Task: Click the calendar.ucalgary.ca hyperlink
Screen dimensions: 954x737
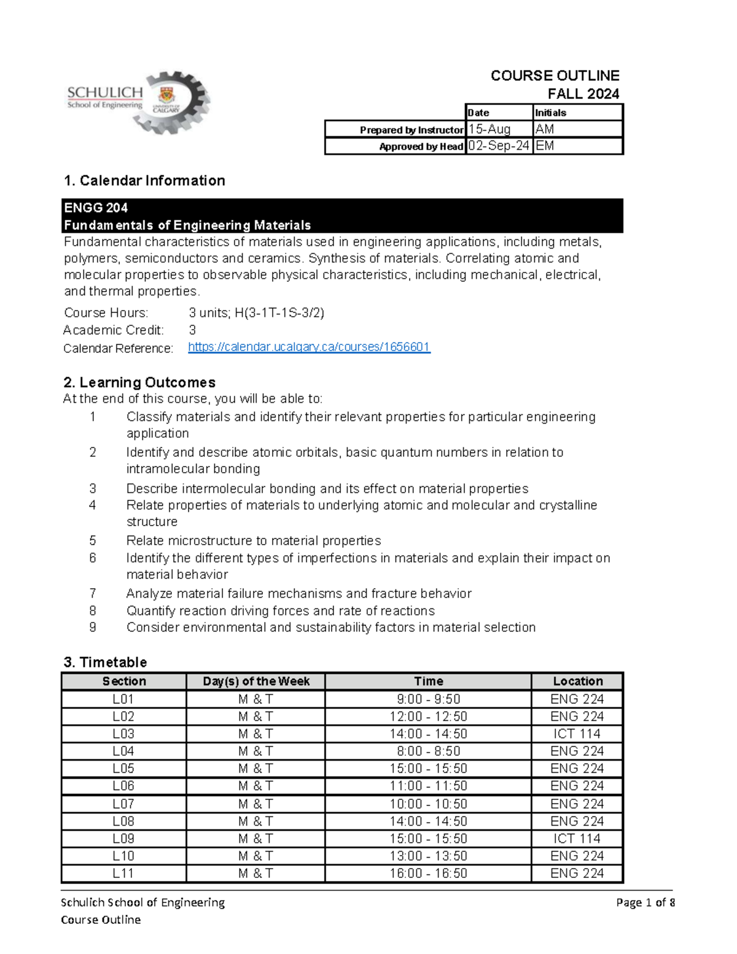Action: click(x=309, y=347)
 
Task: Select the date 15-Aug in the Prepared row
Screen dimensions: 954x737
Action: click(x=489, y=129)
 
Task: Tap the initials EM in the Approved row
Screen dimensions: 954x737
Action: click(x=545, y=145)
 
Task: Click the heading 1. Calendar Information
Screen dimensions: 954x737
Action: click(x=145, y=180)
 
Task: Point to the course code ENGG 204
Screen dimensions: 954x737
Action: click(x=96, y=207)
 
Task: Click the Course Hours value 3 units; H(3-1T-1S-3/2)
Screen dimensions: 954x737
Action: click(x=256, y=312)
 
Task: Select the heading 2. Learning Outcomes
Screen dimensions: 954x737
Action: click(x=140, y=382)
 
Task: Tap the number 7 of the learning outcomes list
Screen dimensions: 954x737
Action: click(x=93, y=593)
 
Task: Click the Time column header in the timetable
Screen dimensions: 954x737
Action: click(x=428, y=681)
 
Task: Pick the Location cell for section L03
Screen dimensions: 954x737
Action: click(x=577, y=734)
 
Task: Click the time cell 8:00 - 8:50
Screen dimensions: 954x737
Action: click(x=428, y=751)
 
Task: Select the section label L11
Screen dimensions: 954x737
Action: click(x=123, y=873)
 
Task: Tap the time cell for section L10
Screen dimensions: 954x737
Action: click(x=428, y=856)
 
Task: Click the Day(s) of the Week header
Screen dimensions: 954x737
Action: click(x=256, y=681)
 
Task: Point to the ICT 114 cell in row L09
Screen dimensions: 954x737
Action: click(x=577, y=839)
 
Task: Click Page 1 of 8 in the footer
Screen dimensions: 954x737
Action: click(x=645, y=902)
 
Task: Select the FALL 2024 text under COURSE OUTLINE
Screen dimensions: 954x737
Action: click(x=583, y=94)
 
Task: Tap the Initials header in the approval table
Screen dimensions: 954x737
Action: click(x=551, y=112)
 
